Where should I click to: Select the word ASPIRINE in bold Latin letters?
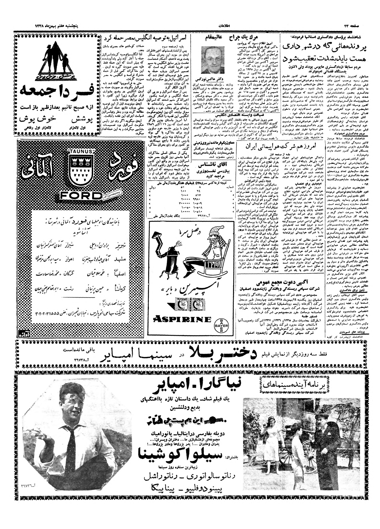[x=182, y=319]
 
